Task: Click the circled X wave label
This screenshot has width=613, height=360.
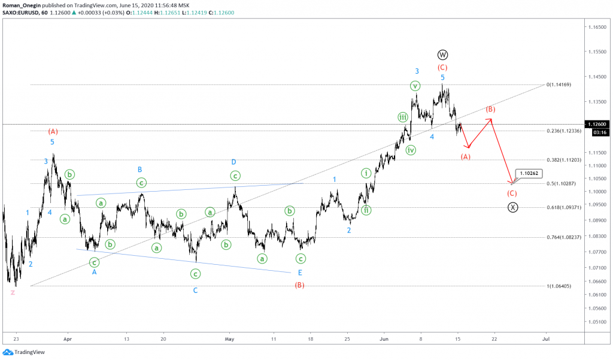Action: pos(512,207)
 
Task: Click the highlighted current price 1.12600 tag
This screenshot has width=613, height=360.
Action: pos(599,124)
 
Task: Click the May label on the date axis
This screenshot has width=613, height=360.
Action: pos(228,338)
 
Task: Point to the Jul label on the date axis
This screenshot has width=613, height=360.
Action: pos(546,338)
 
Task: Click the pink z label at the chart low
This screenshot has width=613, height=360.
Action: pos(13,292)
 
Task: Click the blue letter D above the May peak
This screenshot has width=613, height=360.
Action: pos(234,162)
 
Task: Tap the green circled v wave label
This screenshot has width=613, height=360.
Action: pos(415,86)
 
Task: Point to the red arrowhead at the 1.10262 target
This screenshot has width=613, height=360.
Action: pos(511,182)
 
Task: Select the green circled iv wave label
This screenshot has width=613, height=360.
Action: pos(410,150)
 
